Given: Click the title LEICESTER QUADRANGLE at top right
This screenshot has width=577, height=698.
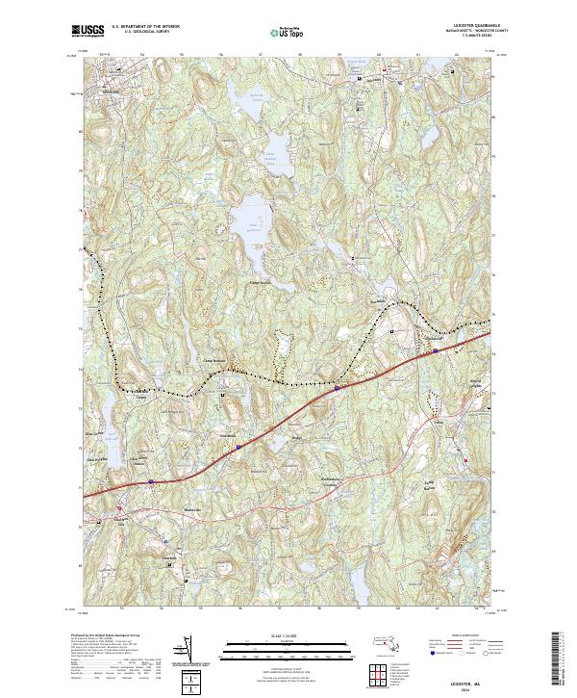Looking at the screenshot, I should click(x=465, y=25).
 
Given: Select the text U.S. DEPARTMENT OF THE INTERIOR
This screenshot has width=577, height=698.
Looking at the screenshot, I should click(x=145, y=26).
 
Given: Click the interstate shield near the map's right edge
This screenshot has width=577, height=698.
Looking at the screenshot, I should click(x=436, y=351).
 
